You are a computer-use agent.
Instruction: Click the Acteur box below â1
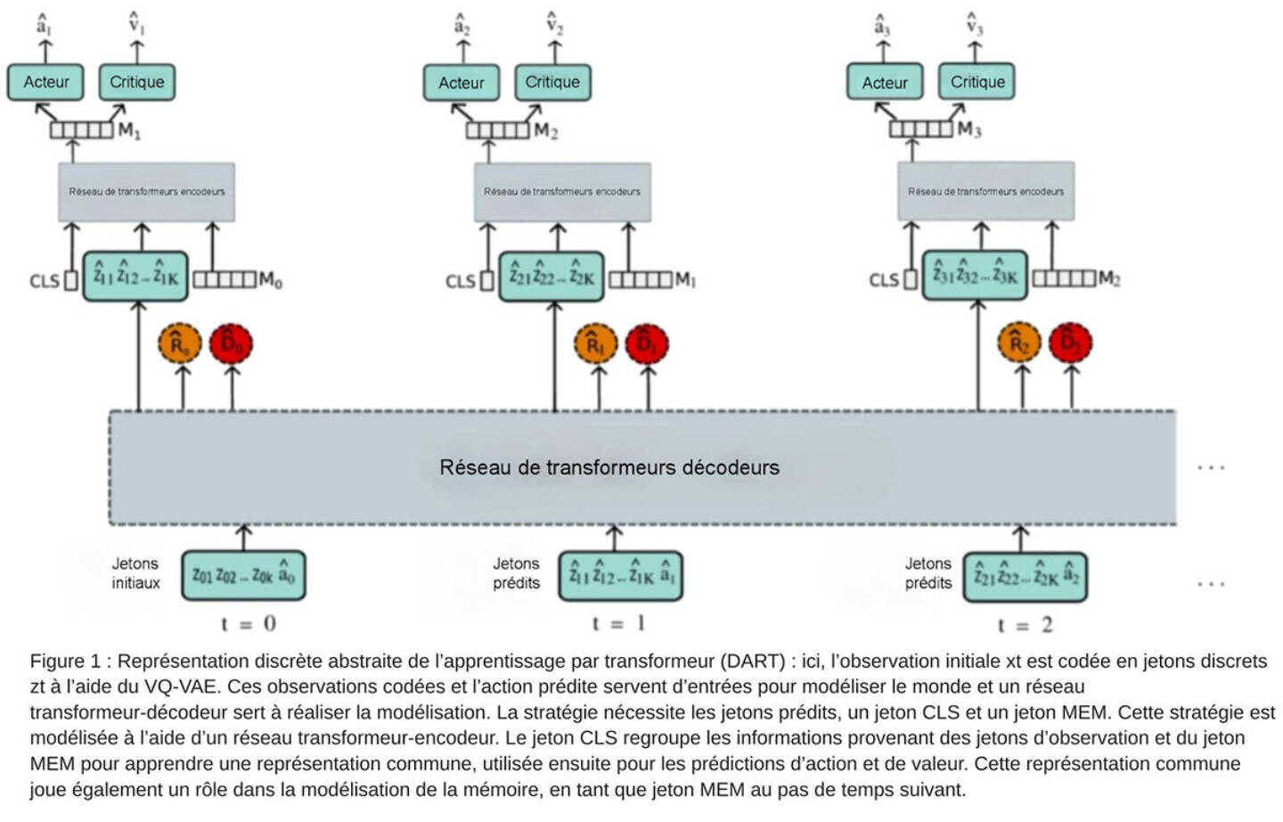(45, 82)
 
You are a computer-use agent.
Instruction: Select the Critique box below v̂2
(552, 82)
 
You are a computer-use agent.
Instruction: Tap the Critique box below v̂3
(977, 82)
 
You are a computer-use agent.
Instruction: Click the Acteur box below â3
(885, 83)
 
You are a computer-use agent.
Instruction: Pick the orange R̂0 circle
(180, 344)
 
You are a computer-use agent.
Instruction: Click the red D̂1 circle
(647, 344)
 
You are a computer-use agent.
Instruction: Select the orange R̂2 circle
(1019, 343)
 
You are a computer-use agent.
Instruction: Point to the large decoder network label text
(609, 467)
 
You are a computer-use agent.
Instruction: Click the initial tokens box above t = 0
(243, 575)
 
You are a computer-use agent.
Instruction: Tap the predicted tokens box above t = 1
(621, 576)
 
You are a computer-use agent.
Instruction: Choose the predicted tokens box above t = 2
(1025, 576)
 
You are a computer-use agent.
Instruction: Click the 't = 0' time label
(249, 623)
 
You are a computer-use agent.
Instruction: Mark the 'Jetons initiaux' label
(135, 573)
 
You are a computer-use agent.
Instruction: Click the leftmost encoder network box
(147, 192)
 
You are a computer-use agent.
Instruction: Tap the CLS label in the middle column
(460, 282)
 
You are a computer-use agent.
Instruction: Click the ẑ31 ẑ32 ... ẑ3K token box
(975, 275)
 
